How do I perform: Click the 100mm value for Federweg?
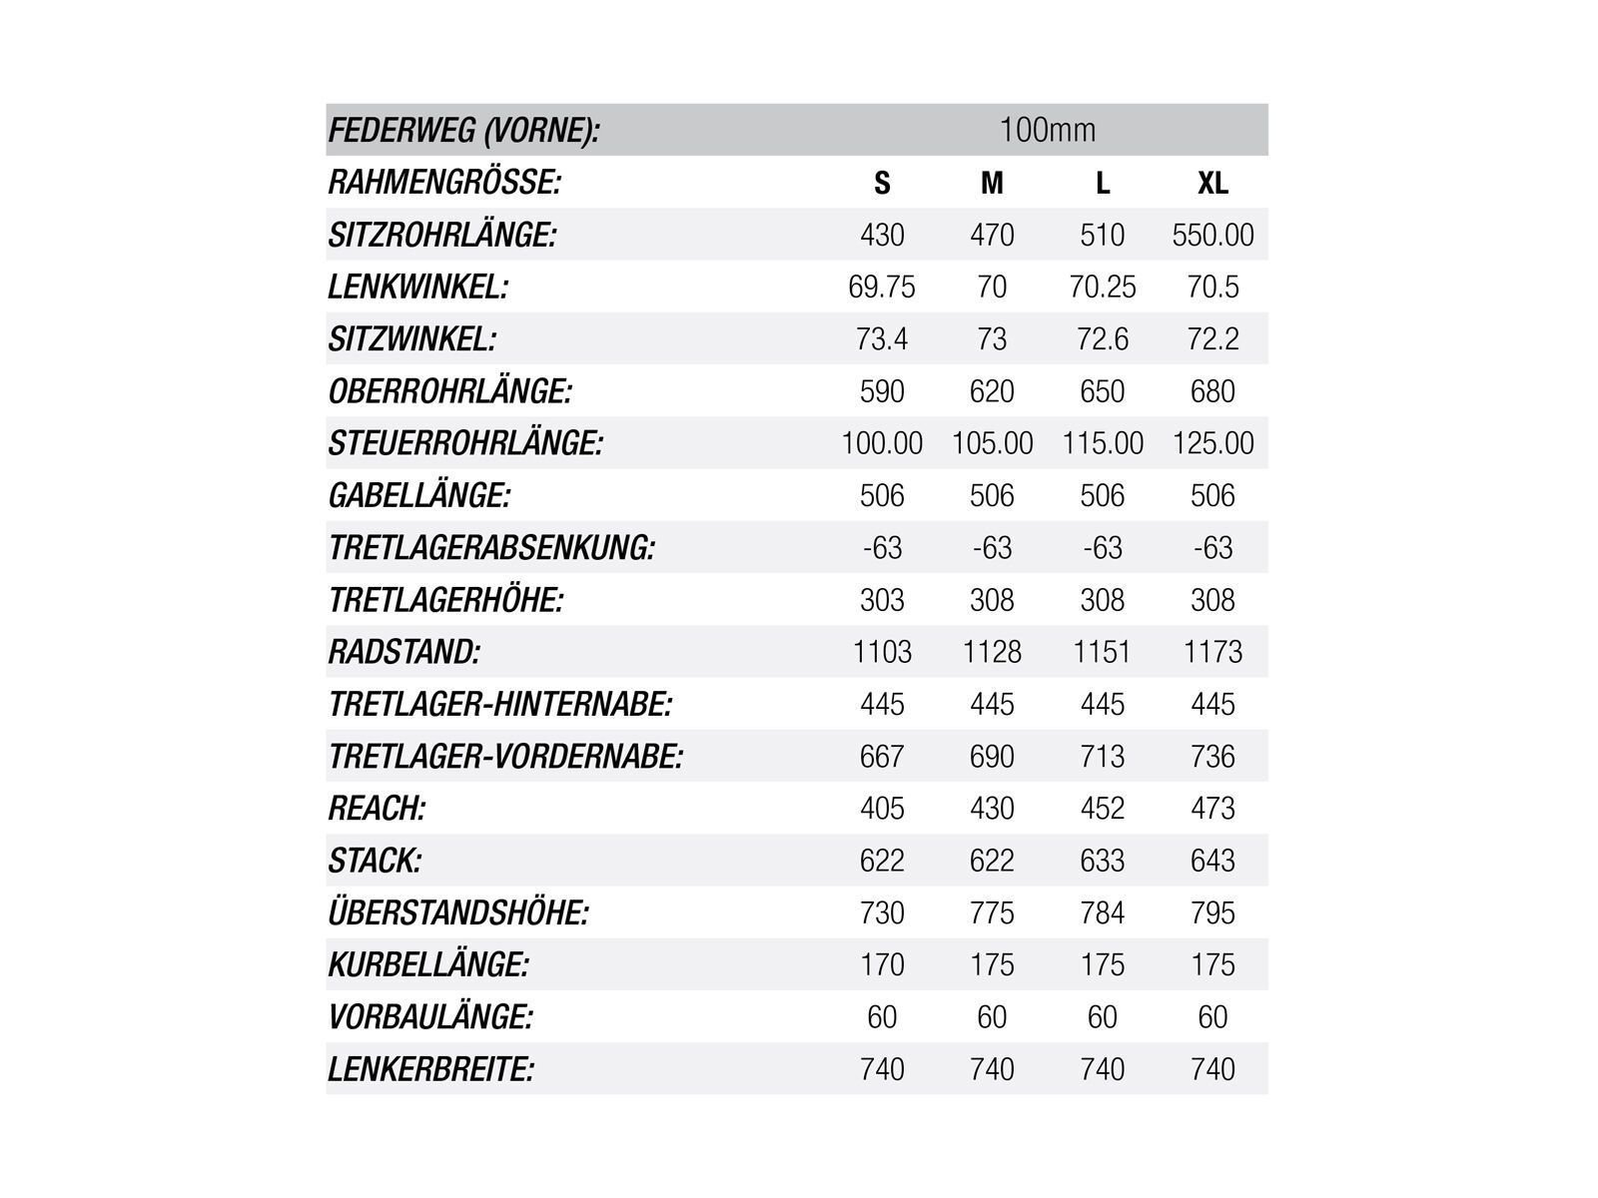1048,130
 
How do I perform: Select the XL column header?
1212,183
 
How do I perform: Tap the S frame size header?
882,183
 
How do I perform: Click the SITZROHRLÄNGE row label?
441,236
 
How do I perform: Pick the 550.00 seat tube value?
1212,236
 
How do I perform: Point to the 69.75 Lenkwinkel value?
882,288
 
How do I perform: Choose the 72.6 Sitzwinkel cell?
1103,339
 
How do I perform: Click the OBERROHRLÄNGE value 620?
992,391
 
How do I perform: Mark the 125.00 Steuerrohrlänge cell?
1212,443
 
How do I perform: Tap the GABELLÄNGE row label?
419,496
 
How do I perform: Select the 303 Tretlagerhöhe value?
882,600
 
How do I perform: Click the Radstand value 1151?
1103,652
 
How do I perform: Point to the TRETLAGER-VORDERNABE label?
505,757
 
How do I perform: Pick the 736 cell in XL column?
1212,757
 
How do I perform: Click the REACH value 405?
882,809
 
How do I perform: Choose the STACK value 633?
1103,861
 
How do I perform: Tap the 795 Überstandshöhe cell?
1212,912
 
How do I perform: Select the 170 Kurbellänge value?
882,964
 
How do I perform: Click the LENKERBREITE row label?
431,1069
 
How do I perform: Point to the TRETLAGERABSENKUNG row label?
491,548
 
